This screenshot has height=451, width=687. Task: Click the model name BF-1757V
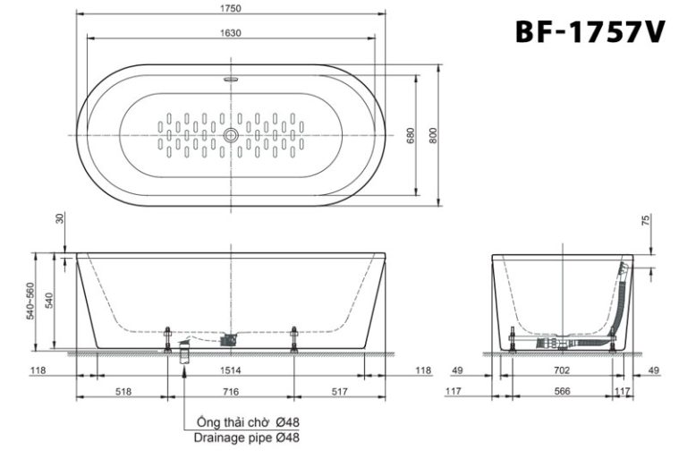point(589,32)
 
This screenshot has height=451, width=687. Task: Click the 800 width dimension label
point(433,135)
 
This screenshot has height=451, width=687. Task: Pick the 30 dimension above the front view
point(60,217)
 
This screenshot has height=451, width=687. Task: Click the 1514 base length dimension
point(231,370)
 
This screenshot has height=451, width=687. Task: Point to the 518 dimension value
point(123,392)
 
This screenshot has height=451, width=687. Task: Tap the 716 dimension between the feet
point(231,392)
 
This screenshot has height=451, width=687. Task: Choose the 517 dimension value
point(339,392)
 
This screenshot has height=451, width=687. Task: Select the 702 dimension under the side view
point(562,370)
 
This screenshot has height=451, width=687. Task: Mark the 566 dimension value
point(562,392)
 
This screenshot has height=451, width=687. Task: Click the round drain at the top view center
point(231,135)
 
